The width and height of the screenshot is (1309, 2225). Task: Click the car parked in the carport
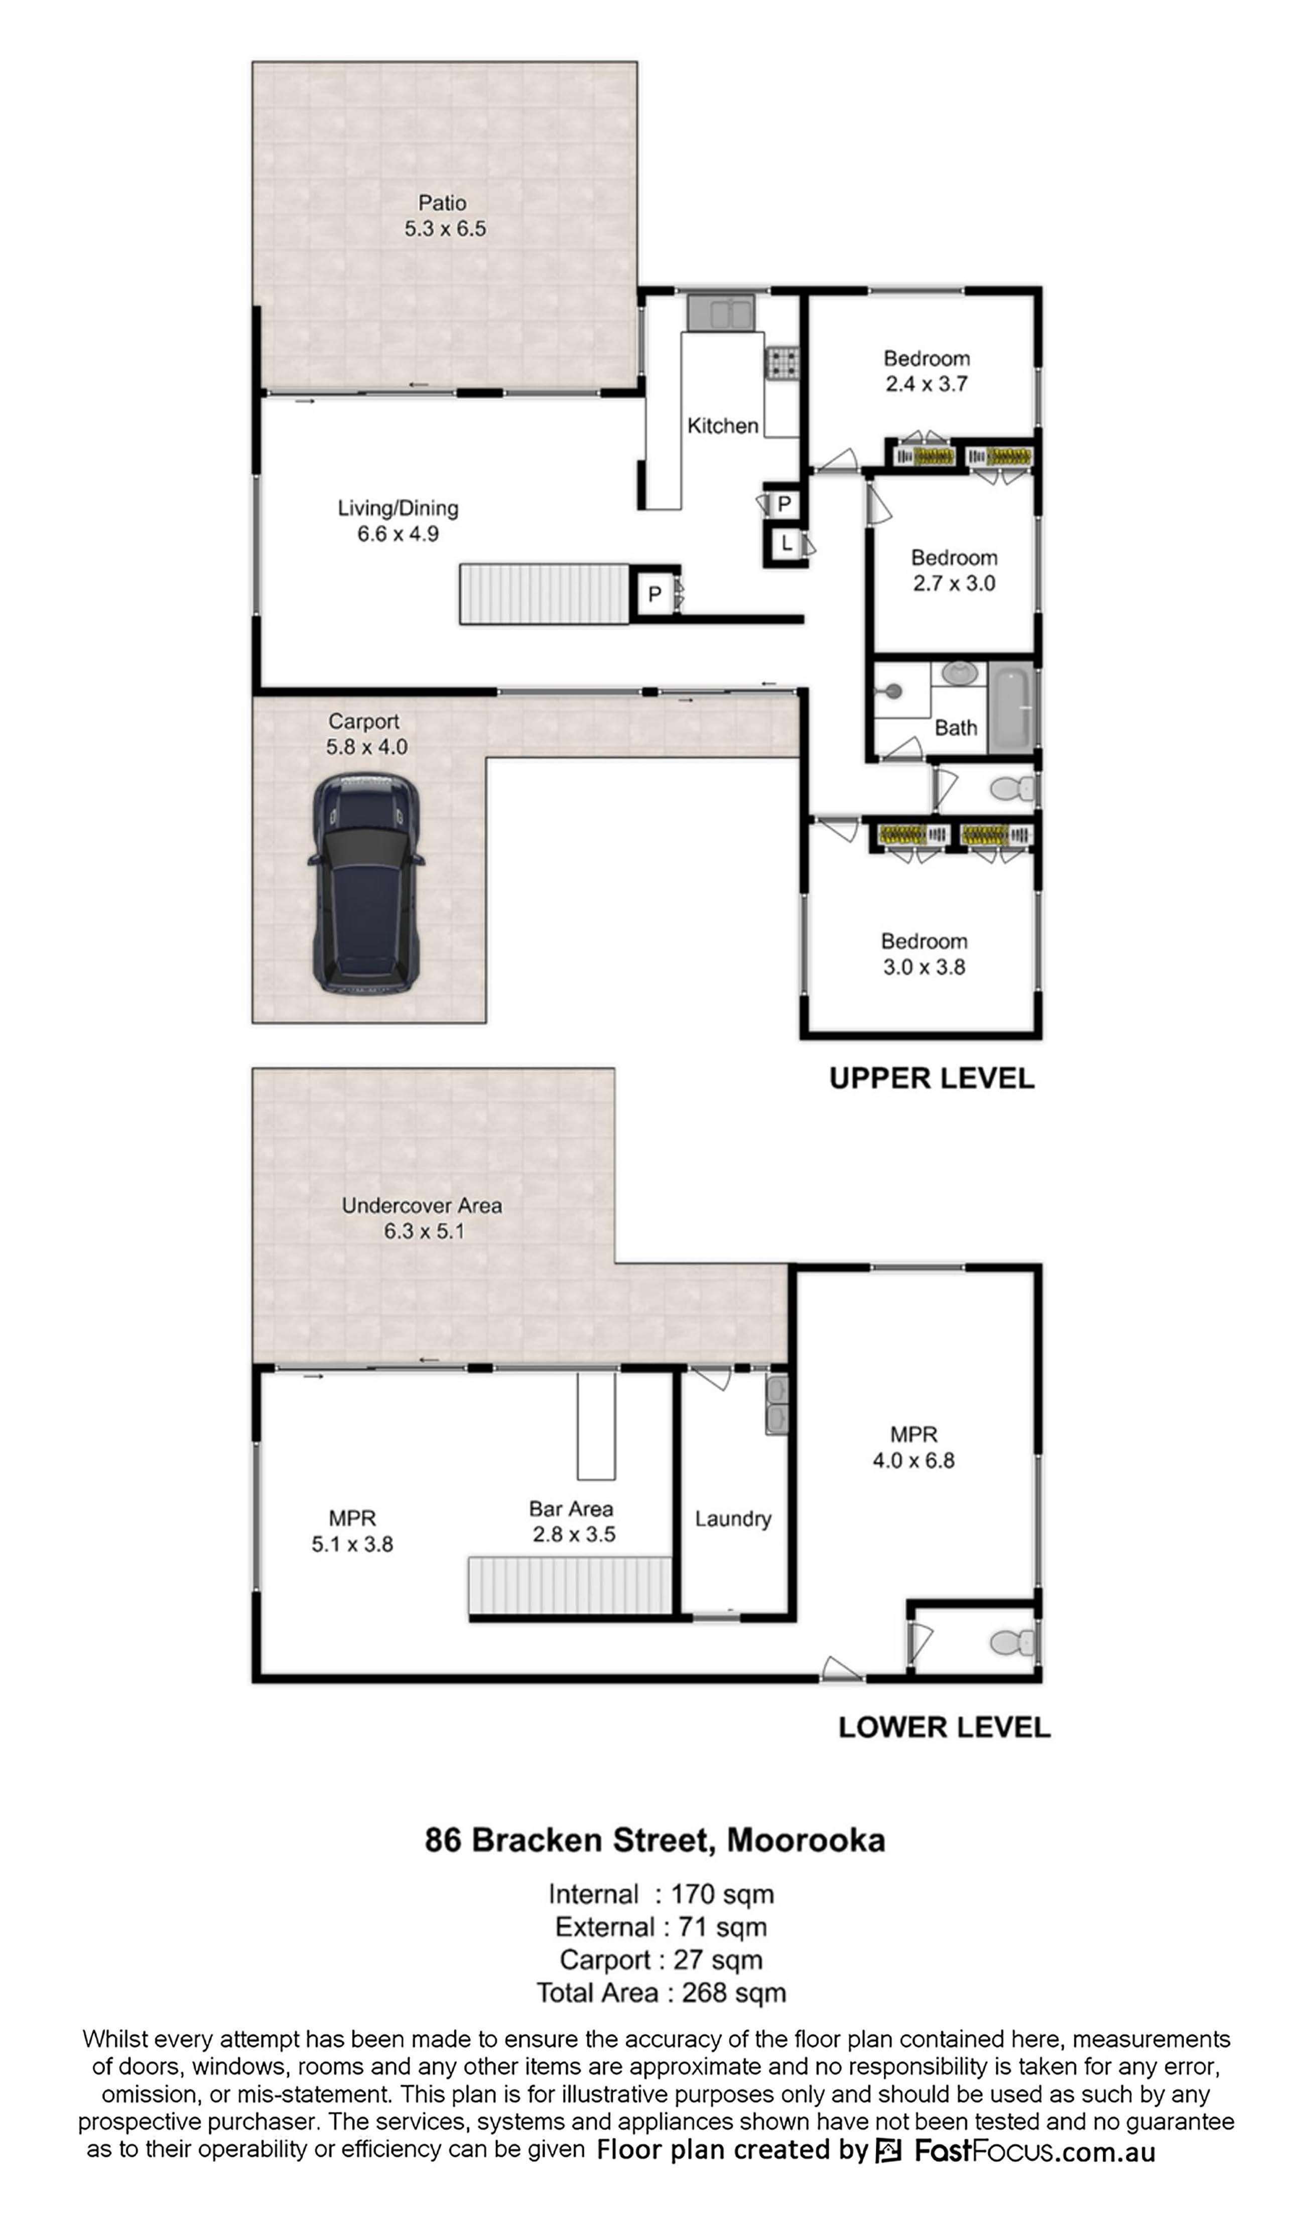click(x=366, y=884)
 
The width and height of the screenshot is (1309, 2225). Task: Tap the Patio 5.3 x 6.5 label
click(x=444, y=215)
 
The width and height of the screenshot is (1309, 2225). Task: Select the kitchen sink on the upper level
click(x=721, y=313)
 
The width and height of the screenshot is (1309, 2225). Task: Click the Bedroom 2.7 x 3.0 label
click(x=954, y=571)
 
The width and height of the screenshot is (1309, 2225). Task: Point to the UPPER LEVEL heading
click(x=931, y=1078)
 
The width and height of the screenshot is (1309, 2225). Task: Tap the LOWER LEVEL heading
click(x=944, y=1727)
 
